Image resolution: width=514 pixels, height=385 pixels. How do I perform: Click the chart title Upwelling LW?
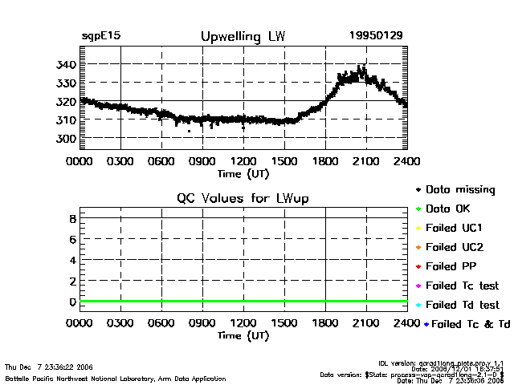point(242,37)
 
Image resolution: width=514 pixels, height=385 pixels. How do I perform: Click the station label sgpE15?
point(101,37)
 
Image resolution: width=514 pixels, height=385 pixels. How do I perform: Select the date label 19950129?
point(375,37)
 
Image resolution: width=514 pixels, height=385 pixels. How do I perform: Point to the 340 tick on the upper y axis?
point(66,64)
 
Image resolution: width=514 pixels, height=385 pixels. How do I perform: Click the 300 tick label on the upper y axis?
point(66,139)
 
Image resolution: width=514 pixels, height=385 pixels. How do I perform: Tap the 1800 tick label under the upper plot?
point(325,160)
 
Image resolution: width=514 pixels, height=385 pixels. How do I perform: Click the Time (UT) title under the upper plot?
point(243,172)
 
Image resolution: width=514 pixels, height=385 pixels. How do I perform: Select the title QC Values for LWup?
point(243,198)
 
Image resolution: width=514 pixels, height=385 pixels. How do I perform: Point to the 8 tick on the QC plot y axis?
point(71,218)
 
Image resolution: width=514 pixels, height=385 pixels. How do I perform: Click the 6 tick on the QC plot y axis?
point(71,239)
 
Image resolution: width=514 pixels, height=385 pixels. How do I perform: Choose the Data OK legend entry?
point(455,209)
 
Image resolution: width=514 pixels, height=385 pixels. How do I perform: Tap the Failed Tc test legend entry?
point(462,286)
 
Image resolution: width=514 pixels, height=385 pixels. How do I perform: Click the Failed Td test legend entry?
point(462,305)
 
